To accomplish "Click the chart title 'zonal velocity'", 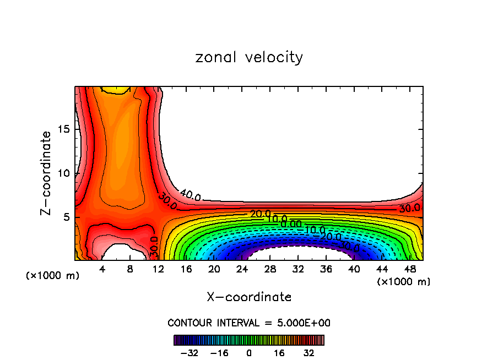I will click(249, 57).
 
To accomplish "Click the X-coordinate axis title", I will click(249, 297).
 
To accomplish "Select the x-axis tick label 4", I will click(102, 269).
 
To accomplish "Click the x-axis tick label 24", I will click(241, 269).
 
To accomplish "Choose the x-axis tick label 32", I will click(297, 269).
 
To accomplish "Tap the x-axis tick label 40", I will click(353, 269).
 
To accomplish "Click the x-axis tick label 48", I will click(409, 269).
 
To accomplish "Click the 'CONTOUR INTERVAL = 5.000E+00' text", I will click(249, 323).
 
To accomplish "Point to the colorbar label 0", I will click(249, 353).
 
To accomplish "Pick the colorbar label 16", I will click(279, 353).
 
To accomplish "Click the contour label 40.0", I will click(190, 195).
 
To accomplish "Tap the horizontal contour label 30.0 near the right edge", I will click(409, 208).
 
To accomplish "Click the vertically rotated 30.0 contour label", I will click(155, 247).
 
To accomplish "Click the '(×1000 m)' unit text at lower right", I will click(403, 282).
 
